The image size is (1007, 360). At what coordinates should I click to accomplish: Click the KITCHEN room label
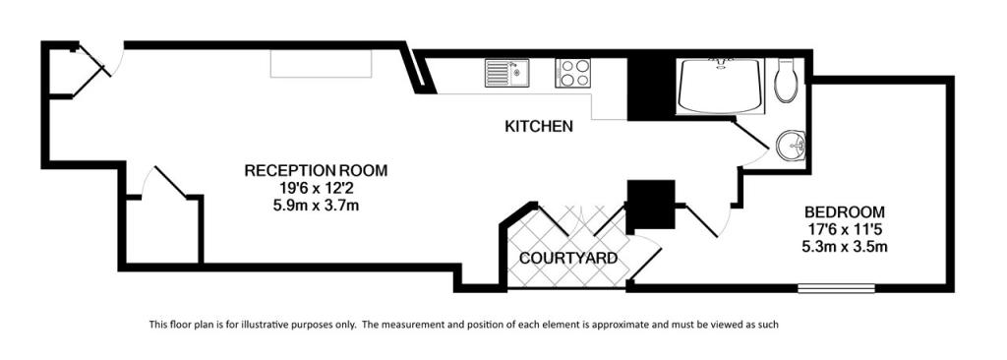coord(538,126)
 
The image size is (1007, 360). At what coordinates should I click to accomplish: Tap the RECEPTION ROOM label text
coord(316,171)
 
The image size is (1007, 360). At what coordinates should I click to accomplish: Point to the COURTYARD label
coord(568,259)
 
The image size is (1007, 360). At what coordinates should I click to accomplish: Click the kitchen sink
coord(506,73)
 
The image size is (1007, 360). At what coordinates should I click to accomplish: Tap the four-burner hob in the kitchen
coord(573,73)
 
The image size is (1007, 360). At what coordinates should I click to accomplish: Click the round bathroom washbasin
coord(790,146)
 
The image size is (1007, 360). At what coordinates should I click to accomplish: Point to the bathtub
coord(719,87)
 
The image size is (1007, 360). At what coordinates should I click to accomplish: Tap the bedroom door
coord(705,220)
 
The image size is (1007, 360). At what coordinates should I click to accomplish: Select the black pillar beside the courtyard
coord(650,205)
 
